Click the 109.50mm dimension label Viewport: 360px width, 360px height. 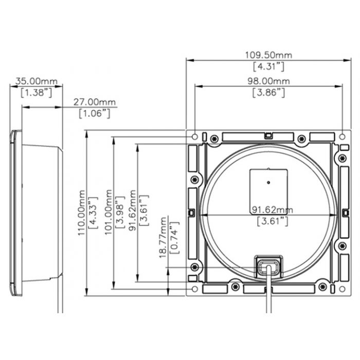point(268,55)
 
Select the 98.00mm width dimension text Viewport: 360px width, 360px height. point(268,81)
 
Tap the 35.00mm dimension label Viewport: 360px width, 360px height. point(37,81)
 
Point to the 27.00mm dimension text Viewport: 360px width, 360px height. point(94,102)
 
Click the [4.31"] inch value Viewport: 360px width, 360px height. point(268,66)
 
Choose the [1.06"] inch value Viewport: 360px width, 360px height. point(94,114)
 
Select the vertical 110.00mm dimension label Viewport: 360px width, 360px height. point(81,213)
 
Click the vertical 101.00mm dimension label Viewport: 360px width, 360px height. point(108,212)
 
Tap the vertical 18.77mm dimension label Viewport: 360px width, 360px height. point(163,238)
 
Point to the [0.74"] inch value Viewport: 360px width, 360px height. point(174,238)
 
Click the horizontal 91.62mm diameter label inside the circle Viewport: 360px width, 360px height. point(273,210)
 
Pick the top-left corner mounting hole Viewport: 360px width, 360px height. point(195,137)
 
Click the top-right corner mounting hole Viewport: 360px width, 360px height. point(343,137)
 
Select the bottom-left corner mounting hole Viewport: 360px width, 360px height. point(195,289)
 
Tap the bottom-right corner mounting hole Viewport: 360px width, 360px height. point(343,289)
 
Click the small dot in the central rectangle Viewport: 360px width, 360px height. point(268,183)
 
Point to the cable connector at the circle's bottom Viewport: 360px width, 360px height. point(268,266)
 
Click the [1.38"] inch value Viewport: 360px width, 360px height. point(37,93)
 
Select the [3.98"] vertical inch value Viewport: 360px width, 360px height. point(120,212)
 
